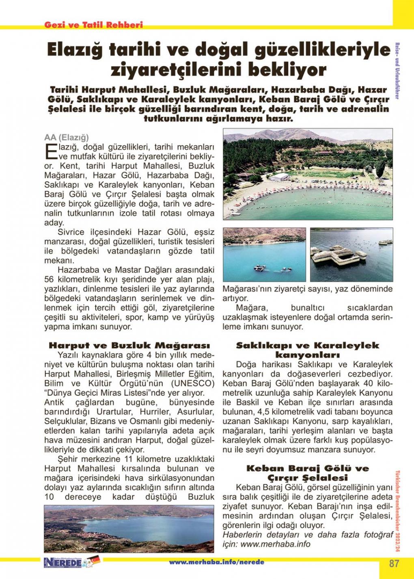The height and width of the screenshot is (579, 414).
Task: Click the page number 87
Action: pos(394,563)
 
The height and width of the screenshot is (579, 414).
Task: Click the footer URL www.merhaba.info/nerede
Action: pos(216,562)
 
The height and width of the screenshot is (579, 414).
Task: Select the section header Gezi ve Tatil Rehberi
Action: pos(94,25)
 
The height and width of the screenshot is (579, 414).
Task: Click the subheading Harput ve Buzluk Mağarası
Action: pos(129,346)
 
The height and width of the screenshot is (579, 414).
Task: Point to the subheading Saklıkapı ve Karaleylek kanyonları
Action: pos(307,350)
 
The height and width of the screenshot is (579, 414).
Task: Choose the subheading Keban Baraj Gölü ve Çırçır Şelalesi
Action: pos(307,473)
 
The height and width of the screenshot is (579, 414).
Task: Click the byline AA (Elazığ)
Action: pos(66,137)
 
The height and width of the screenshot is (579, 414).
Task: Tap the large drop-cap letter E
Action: pos(49,151)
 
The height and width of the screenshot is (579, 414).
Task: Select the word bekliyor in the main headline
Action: pos(287,70)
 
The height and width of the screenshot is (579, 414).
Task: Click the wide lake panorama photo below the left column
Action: pos(129,529)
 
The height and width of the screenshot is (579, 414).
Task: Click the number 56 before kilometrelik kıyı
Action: pos(49,280)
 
